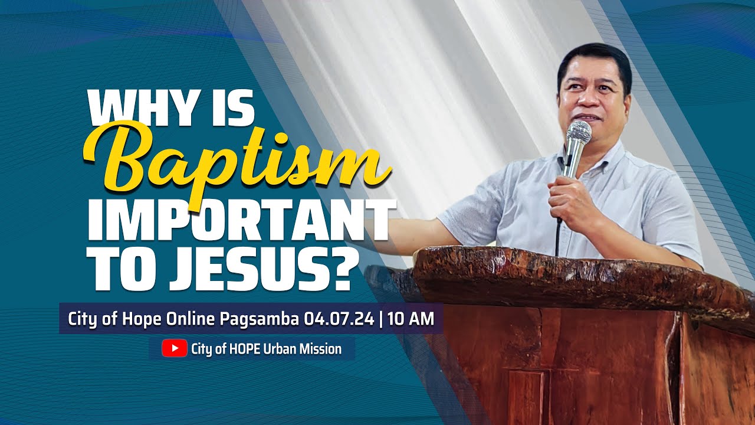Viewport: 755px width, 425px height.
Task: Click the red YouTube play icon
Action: click(175, 348)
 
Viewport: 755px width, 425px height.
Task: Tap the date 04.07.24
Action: click(339, 319)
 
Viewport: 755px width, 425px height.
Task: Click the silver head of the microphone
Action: click(579, 133)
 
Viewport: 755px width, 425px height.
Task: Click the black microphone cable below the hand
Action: click(557, 236)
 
